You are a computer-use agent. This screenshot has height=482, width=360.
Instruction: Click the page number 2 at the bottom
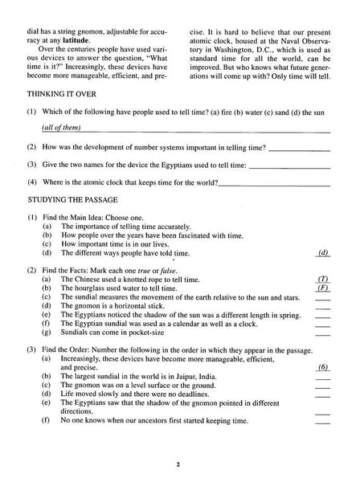point(180,464)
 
